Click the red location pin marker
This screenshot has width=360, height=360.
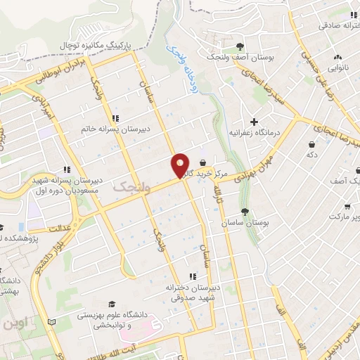[x=181, y=165]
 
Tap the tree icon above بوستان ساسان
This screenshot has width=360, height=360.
[x=245, y=212]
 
